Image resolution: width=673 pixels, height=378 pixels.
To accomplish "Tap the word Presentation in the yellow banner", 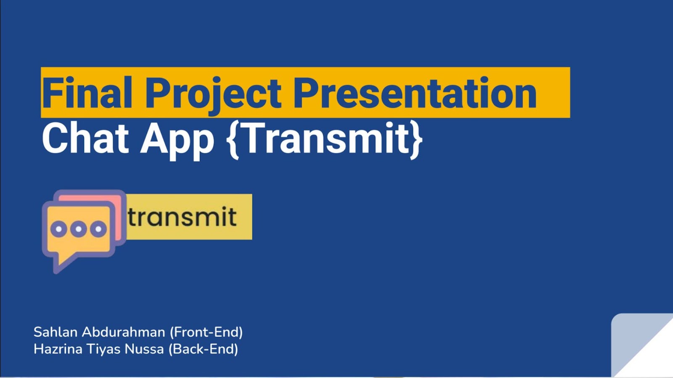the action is coord(415,92).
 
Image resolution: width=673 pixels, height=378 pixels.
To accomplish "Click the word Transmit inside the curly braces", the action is coord(326,138).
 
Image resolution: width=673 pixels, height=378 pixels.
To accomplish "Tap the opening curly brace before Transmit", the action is coord(233,140).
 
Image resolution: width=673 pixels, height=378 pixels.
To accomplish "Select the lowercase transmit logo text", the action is coord(183,216).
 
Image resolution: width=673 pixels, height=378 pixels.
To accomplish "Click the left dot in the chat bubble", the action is coord(59,229).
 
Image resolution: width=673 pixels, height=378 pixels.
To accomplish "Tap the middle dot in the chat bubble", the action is coord(78,229).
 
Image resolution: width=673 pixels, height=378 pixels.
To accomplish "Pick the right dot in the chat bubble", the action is coord(98,229).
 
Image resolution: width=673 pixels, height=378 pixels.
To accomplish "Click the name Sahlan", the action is coord(56,332).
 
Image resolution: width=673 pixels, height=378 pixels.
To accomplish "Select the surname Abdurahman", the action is coord(124,332).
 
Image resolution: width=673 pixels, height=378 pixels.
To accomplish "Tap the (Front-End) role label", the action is coord(206,332).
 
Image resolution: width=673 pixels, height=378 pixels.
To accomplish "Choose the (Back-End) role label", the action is coord(204,349).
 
